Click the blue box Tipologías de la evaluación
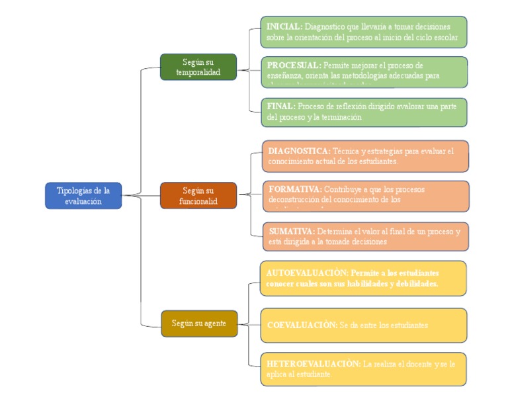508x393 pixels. coord(83,196)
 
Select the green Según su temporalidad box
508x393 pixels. coord(198,67)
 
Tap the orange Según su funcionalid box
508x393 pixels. coord(198,196)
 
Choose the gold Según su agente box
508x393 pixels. coord(199,324)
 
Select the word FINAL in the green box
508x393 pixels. coord(281,106)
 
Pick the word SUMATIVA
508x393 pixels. coord(292,232)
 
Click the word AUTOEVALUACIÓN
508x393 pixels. coord(306,273)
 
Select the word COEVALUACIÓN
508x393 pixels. coord(302,326)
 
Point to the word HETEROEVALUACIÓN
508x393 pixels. coord(314,364)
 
